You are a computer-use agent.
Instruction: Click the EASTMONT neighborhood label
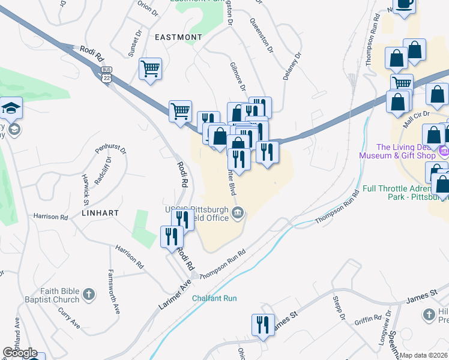pos(178,37)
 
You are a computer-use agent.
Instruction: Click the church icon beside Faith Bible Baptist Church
pos(89,295)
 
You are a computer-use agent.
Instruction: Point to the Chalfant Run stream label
pos(214,298)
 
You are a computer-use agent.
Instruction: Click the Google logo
pos(20,353)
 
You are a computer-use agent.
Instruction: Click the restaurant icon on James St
pos(262,325)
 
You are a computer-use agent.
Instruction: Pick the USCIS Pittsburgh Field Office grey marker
pos(238,212)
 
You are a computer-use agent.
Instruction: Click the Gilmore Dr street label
pos(238,76)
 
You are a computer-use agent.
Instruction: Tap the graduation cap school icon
pos(11,108)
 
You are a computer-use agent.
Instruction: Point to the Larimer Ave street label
pos(174,293)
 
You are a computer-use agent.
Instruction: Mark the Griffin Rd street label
pos(368,318)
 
